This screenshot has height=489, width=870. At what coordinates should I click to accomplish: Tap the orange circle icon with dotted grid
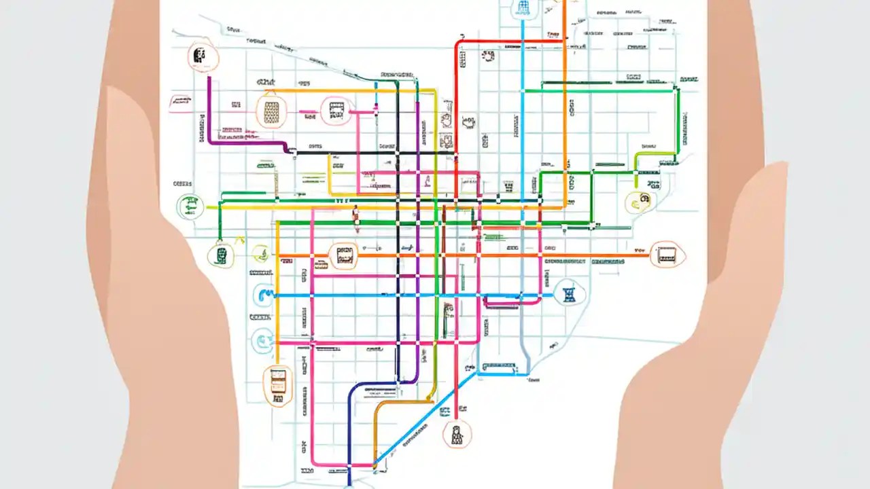(271, 111)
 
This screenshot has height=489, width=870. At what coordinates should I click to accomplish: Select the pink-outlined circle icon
(336, 110)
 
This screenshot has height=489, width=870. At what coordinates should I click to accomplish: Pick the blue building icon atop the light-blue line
(522, 8)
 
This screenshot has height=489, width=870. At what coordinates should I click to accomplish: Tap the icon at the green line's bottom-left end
(221, 255)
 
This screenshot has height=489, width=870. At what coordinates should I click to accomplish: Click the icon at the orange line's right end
(667, 255)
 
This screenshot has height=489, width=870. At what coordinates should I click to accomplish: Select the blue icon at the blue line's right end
(568, 293)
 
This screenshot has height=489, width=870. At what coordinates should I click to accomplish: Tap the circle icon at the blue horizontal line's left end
(264, 295)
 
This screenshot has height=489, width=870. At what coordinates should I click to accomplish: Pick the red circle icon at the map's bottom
(456, 433)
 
